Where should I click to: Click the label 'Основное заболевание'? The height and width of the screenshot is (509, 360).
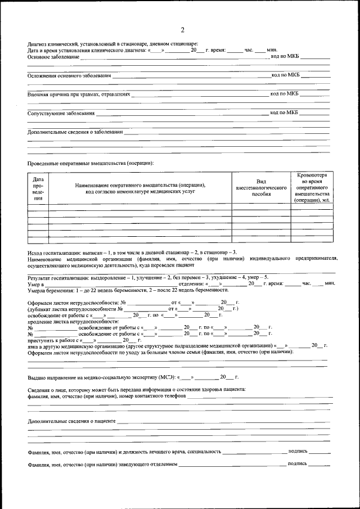pyautogui.click(x=53, y=57)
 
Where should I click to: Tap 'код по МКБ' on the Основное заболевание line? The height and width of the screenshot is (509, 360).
pyautogui.click(x=285, y=56)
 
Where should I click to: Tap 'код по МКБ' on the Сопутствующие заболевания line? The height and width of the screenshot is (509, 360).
pyautogui.click(x=284, y=112)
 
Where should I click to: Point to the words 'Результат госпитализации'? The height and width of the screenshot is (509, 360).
pyautogui.click(x=57, y=278)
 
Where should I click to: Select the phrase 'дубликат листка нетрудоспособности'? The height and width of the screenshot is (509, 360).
pyautogui.click(x=73, y=309)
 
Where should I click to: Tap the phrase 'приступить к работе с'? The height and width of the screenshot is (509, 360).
pyautogui.click(x=53, y=340)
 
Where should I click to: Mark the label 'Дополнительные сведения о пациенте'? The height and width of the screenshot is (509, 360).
pyautogui.click(x=71, y=421)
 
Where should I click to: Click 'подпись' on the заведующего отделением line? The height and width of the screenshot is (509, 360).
pyautogui.click(x=297, y=463)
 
